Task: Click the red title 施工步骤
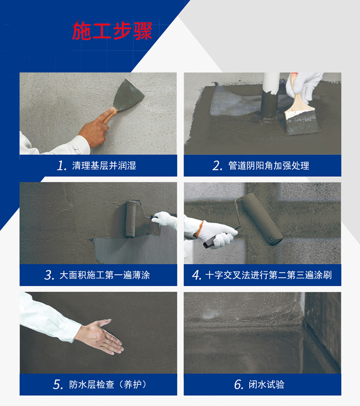tap(112, 30)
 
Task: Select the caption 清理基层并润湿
tap(104, 165)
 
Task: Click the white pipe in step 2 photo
tap(271, 84)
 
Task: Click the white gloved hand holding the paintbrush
tap(306, 86)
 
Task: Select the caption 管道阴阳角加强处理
tap(269, 166)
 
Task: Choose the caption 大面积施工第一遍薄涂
tap(105, 275)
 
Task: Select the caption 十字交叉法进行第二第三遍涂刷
tap(268, 275)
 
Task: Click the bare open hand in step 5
tap(100, 337)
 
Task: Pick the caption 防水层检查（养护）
tap(108, 384)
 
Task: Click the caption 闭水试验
tap(266, 384)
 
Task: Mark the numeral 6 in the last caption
tap(239, 385)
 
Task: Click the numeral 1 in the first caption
tap(61, 166)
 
